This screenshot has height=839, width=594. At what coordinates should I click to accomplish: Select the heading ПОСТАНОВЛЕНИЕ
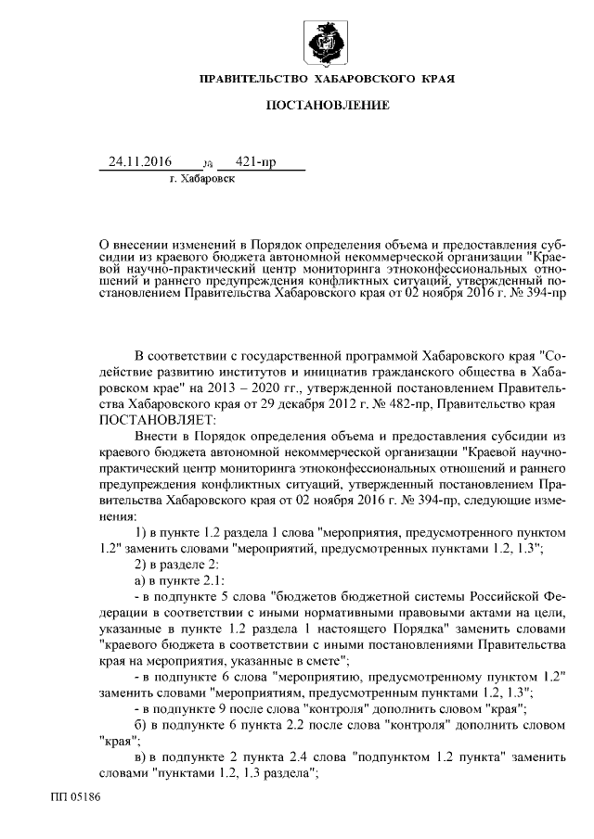[328, 107]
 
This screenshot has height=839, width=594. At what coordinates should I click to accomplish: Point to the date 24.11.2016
[140, 162]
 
